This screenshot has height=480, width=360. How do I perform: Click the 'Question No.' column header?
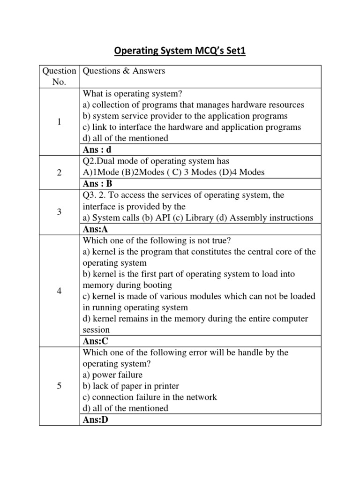coord(59,76)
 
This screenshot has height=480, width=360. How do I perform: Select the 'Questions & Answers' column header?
coord(124,71)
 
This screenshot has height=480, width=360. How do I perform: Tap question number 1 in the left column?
coord(59,122)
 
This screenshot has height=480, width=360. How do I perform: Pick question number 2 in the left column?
coord(59,172)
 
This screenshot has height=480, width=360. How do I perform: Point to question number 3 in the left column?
coord(59,212)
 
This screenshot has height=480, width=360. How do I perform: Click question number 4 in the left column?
coord(59,291)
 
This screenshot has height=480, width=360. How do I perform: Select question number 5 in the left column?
coord(59,386)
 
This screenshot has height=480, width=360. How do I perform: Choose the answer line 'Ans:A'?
coord(95,229)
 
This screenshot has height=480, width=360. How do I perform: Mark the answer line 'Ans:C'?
coord(95,341)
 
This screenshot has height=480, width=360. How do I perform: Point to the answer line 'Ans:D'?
coord(95,420)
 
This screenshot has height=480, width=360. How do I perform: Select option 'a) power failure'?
coord(112,375)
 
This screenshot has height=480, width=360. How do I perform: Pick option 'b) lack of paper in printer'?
coord(131,386)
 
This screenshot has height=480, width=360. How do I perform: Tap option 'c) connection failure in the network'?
coord(150,397)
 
